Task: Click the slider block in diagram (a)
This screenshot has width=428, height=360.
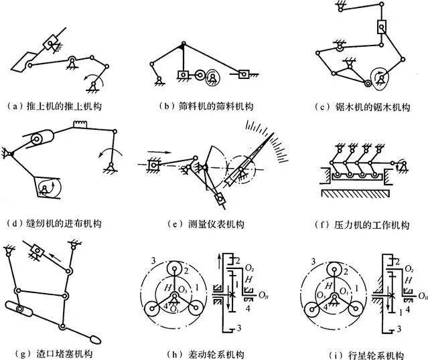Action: point(51,43)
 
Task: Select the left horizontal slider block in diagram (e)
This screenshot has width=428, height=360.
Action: point(153,163)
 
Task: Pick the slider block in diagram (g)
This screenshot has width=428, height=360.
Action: point(38,254)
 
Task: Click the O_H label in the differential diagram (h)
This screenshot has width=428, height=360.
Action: point(265,293)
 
